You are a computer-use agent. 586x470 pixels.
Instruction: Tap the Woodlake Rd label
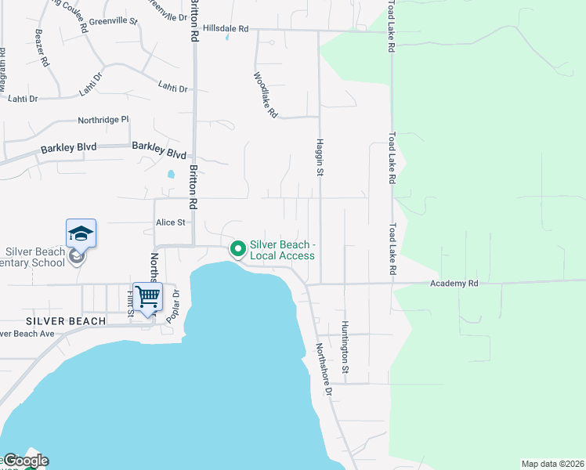tap(266, 95)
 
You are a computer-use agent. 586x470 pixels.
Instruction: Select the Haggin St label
tap(320, 157)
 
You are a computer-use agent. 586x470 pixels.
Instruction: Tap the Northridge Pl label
tap(103, 120)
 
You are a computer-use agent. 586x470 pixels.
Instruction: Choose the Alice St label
tap(170, 222)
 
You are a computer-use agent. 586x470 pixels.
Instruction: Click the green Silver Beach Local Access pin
tap(237, 249)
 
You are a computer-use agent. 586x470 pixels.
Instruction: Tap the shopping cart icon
tap(146, 296)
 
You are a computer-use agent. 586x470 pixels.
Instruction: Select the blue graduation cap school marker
tap(81, 233)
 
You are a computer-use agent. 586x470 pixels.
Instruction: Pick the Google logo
tap(24, 461)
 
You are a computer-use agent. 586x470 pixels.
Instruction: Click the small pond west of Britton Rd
tap(171, 175)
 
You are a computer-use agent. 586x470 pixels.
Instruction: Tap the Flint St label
tap(131, 304)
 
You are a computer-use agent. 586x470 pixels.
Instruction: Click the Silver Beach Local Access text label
tap(282, 250)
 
